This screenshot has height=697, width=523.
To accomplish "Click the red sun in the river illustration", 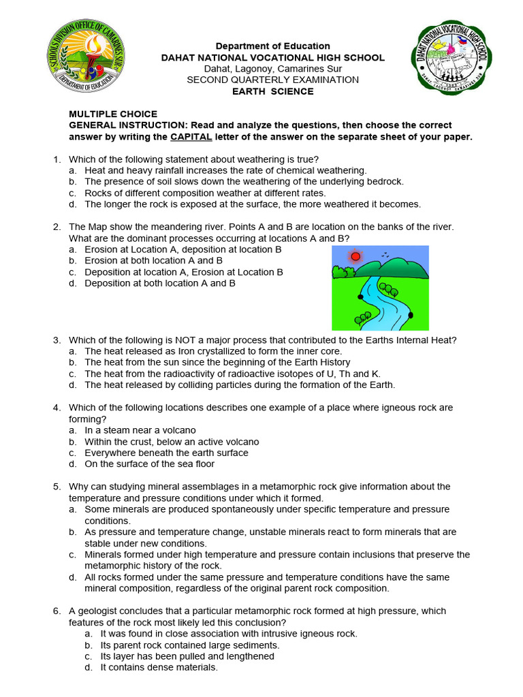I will click(354, 257).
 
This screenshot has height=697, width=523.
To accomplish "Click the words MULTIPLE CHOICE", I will click(113, 114).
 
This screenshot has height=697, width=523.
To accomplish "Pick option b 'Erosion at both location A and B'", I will click(153, 261).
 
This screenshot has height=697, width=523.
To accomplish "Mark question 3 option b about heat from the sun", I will click(217, 362).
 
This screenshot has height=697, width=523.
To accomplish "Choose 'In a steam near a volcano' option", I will click(140, 430).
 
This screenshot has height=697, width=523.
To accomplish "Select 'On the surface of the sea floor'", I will click(149, 464).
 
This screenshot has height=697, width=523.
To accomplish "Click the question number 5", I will click(57, 487).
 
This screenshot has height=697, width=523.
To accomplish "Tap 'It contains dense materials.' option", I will click(159, 668).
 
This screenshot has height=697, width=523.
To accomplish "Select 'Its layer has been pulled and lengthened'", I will click(187, 656).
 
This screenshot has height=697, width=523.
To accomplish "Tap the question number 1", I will click(57, 159).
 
